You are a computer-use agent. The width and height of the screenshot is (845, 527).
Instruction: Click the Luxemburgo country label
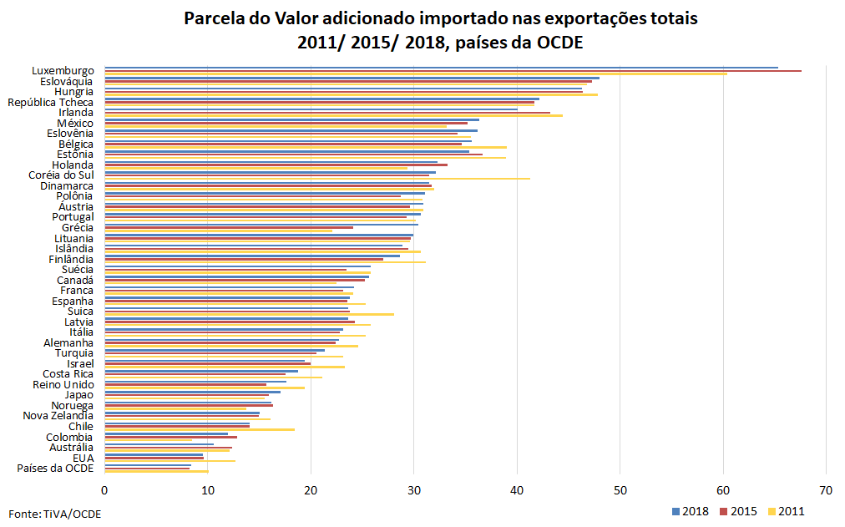point(63,71)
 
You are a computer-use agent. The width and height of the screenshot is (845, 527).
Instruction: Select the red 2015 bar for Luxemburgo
point(453,71)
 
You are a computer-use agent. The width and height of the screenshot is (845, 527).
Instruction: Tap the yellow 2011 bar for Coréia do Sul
point(317,179)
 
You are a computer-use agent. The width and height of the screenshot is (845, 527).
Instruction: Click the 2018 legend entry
point(691,511)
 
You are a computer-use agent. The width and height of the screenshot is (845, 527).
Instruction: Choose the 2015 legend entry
point(738,511)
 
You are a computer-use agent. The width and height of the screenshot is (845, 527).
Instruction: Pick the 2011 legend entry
point(787,511)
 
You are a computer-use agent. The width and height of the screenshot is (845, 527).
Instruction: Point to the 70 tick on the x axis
point(826,490)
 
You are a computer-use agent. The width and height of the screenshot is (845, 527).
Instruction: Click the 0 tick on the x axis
point(104,490)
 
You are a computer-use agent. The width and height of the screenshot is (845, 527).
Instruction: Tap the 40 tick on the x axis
point(517,490)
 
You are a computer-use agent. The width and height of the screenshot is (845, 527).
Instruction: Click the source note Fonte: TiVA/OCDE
point(55,514)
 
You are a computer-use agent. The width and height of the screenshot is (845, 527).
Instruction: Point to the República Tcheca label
point(50,103)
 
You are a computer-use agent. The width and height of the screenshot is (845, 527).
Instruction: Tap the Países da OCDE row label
point(55,469)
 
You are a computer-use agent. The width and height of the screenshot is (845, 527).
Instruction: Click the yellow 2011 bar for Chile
point(200,429)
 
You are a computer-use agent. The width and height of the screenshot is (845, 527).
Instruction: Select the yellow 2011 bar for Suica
point(250,314)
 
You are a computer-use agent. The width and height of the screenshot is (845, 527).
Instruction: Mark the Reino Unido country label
point(63,385)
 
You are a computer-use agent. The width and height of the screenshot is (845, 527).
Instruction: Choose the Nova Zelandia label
point(58,416)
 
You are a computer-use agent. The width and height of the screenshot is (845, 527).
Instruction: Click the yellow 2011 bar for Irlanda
point(334,115)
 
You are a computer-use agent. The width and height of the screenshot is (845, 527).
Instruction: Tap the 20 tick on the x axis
point(311,490)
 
